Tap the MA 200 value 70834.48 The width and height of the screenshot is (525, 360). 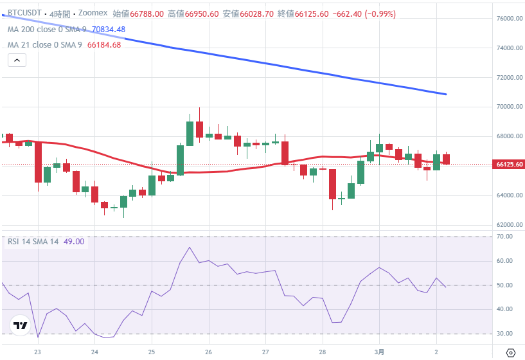click(x=108, y=30)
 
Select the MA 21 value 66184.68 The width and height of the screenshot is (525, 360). click(x=104, y=44)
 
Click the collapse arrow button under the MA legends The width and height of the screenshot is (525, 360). click(x=17, y=60)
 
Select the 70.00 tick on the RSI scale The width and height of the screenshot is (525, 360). click(x=508, y=237)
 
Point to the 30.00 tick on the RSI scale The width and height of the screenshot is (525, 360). click(x=508, y=334)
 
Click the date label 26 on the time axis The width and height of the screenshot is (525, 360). click(x=209, y=352)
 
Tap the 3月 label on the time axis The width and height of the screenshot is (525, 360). click(x=379, y=352)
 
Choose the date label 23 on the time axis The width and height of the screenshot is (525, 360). click(x=38, y=352)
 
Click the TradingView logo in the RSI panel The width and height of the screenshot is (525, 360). click(x=20, y=326)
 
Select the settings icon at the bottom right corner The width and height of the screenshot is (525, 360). click(x=511, y=352)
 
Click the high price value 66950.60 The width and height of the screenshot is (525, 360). click(x=200, y=14)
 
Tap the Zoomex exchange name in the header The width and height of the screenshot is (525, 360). click(x=93, y=14)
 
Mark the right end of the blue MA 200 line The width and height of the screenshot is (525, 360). click(x=445, y=94)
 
